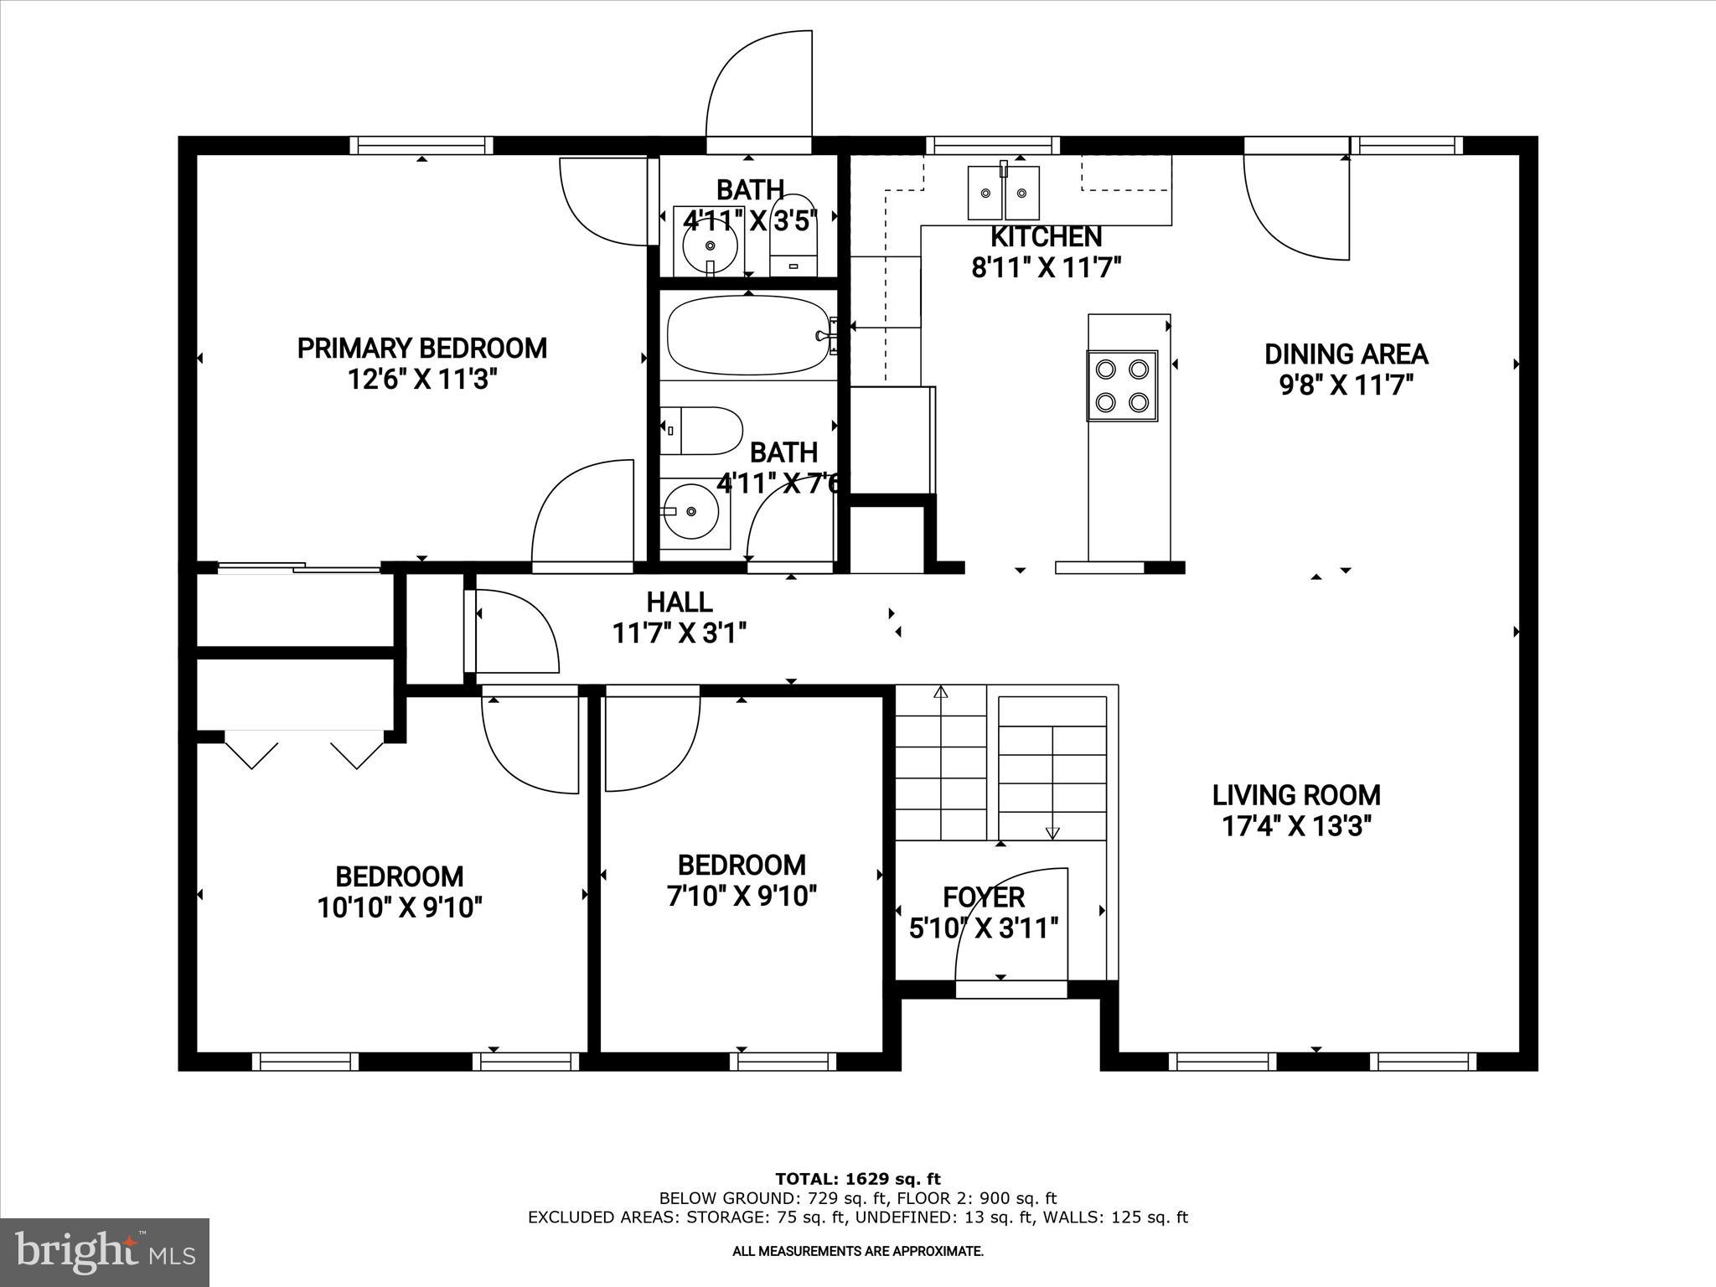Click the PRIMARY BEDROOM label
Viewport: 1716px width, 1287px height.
tap(421, 348)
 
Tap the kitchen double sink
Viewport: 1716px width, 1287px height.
tap(1003, 194)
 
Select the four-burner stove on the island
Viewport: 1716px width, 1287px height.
tap(1122, 385)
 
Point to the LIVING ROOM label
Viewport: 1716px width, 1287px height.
tap(1296, 794)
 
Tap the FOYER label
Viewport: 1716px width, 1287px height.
tap(984, 897)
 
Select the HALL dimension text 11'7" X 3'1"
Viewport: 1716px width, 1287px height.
tap(679, 633)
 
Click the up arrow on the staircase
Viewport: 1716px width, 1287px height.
tap(940, 694)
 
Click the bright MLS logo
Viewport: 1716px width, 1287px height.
tap(105, 1252)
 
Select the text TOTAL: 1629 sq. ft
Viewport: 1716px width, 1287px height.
tap(858, 1180)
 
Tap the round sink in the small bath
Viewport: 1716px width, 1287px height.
tap(710, 246)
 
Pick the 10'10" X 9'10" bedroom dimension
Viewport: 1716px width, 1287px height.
tap(400, 907)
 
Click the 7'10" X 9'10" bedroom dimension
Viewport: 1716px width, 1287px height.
tap(742, 897)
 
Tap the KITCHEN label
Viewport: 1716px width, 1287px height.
tap(1046, 236)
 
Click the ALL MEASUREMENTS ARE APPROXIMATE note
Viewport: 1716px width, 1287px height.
tap(858, 1251)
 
